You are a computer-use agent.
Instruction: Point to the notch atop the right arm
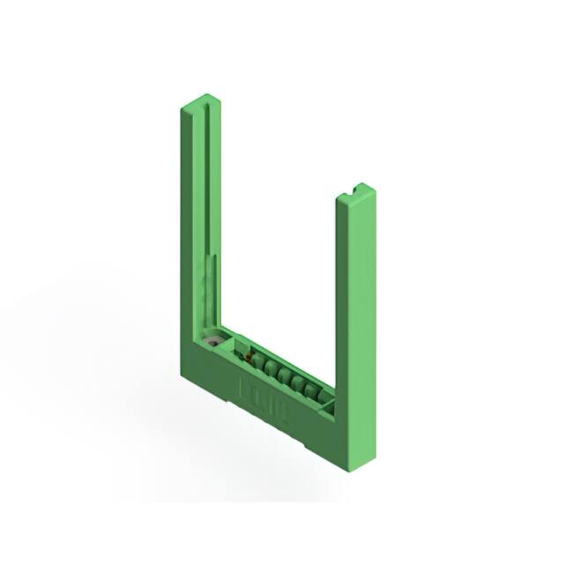pos(360,187)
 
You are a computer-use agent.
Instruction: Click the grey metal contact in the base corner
pos(212,339)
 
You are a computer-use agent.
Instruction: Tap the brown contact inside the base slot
pos(249,356)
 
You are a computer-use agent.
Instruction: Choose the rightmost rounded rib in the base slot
pos(311,388)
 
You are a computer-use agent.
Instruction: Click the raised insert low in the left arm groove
pos(210,282)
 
